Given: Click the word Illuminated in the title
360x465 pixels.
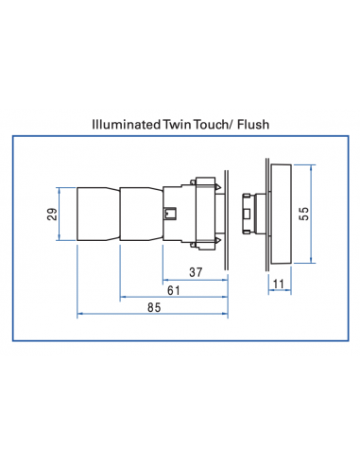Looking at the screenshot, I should [127, 124].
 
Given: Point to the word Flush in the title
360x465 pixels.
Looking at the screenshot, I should [257, 124].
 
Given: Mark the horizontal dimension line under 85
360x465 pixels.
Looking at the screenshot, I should [151, 315].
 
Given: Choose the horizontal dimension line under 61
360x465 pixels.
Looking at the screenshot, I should [171, 299].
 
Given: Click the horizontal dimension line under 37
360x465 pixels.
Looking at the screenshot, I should [194, 282].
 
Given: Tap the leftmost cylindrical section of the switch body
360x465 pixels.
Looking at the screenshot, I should [97, 215].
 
